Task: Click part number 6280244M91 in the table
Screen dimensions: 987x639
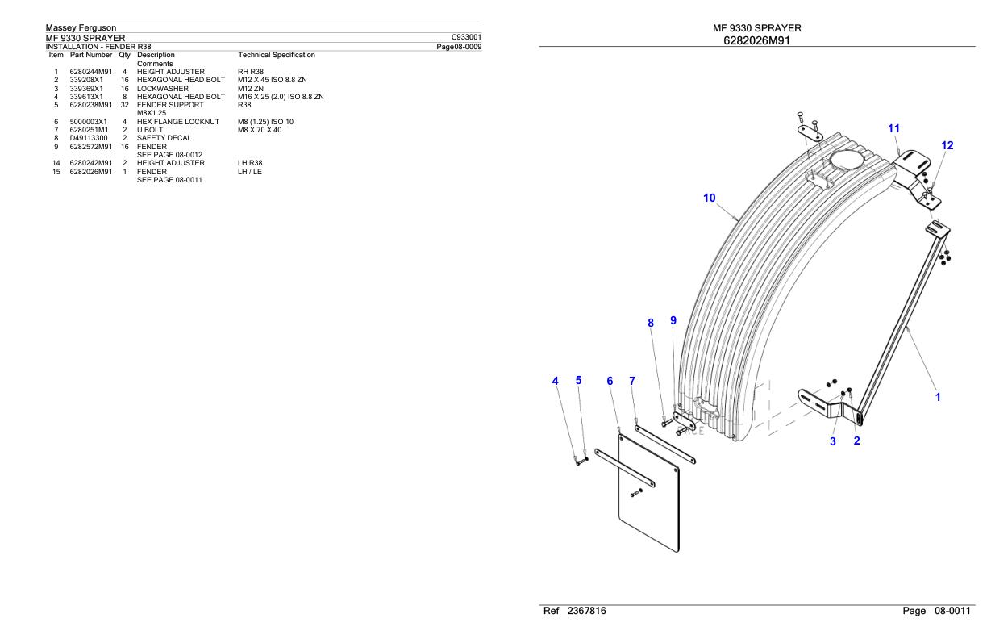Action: point(91,72)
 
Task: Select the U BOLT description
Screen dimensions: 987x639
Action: point(150,130)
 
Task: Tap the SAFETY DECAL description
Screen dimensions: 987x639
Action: point(164,138)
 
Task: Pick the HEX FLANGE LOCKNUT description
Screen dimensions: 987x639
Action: point(178,122)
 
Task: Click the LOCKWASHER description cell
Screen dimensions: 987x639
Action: point(163,89)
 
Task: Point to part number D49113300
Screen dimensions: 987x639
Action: point(89,138)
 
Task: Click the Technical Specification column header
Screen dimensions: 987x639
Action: point(277,55)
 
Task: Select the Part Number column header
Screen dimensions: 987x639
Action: point(91,55)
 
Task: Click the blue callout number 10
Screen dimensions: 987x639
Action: point(710,198)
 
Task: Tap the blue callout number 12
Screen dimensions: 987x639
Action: point(947,145)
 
